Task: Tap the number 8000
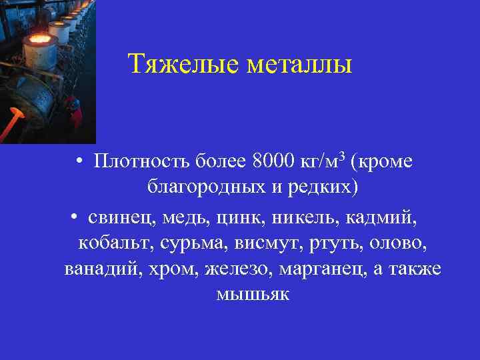(275, 161)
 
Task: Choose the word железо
(239, 269)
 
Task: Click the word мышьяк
(253, 294)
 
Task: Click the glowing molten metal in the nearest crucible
(39, 39)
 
